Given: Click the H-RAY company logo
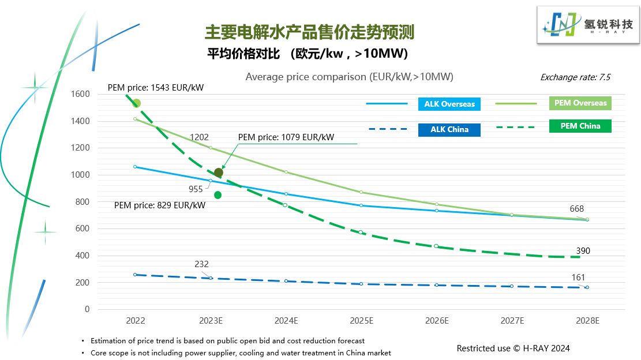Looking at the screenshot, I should (588, 25).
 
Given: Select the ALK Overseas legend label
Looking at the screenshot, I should (449, 104).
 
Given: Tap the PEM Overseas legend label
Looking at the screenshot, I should (580, 103).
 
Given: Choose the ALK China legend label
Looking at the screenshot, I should (449, 129).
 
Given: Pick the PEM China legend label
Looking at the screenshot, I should (580, 126).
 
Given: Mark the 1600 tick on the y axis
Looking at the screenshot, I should (80, 94).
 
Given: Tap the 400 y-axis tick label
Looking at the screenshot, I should (83, 256).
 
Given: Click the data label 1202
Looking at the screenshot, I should (200, 137).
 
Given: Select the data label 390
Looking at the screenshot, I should (583, 251).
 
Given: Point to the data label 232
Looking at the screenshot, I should (201, 264).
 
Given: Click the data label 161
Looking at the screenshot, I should (578, 277).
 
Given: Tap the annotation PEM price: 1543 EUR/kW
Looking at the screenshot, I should (156, 88).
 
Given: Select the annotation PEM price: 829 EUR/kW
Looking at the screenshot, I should (160, 205).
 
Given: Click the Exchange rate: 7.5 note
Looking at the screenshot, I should (575, 77).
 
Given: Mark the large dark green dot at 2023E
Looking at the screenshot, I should (218, 172).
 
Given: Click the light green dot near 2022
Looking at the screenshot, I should (137, 103).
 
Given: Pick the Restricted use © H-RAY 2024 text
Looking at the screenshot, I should (513, 348).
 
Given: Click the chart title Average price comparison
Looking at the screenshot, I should (349, 77).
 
